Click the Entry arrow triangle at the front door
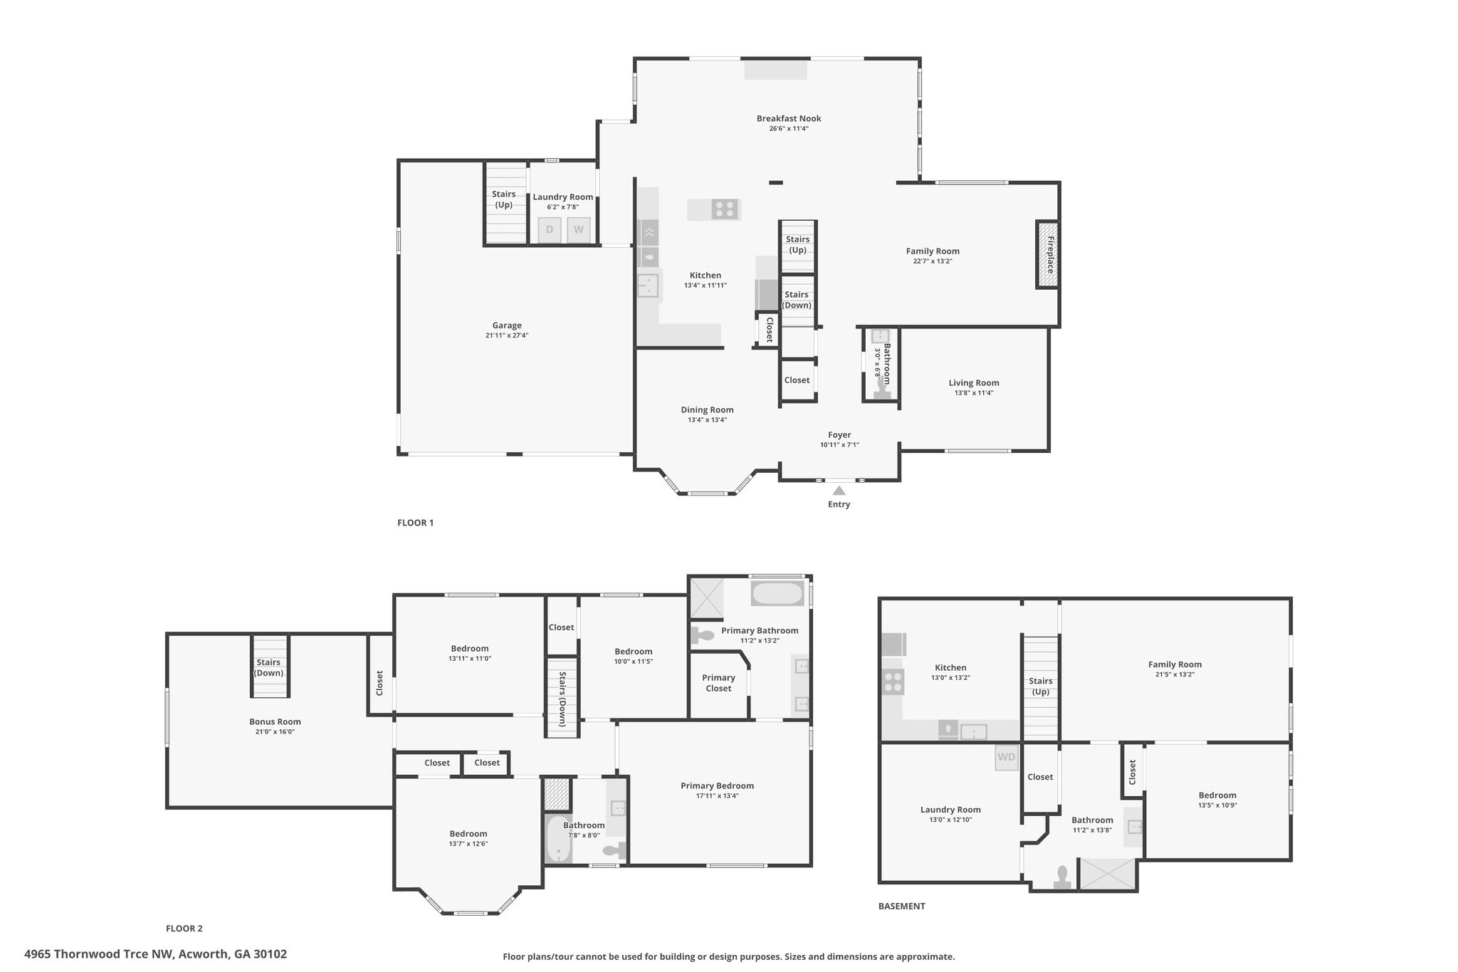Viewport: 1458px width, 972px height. coord(839,490)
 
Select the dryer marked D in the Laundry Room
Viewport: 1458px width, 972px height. coord(550,229)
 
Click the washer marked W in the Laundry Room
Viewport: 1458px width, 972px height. coord(579,229)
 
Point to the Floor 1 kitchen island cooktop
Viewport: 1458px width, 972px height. coord(725,209)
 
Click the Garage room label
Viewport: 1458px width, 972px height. coord(507,325)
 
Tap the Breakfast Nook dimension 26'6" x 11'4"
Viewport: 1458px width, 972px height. coord(789,129)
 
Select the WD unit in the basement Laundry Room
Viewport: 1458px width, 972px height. coord(1007,757)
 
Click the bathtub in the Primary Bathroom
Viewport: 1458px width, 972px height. coord(777,593)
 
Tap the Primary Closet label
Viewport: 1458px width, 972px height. coord(718,683)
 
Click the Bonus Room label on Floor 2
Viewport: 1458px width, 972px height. coord(275,721)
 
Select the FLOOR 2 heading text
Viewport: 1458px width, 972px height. coord(184,928)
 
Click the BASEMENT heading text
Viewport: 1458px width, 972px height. coord(902,906)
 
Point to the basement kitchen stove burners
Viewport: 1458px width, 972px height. coord(893,682)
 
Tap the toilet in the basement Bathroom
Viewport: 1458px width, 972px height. coord(1062,877)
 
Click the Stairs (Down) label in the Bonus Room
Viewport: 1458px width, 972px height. coord(268,667)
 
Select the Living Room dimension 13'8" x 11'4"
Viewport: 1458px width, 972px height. coord(974,393)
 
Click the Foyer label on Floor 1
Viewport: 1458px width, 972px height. coord(839,434)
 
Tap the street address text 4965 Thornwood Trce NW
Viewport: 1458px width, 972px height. coord(99,953)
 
